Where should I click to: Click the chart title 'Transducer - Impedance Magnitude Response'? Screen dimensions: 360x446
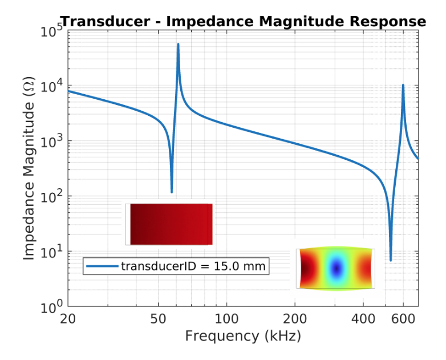[243, 22]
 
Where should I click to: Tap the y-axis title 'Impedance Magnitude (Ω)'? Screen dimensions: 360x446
[29, 169]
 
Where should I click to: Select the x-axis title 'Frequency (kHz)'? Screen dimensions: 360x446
[243, 336]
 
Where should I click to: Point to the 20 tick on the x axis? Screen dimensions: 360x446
[68, 318]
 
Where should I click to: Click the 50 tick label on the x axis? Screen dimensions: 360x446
[158, 318]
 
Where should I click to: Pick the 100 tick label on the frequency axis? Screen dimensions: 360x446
[226, 318]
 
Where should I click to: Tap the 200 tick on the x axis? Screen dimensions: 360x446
[295, 318]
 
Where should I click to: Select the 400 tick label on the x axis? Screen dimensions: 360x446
[363, 318]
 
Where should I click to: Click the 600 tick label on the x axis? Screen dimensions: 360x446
[403, 318]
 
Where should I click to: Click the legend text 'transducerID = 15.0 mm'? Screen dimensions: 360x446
[193, 265]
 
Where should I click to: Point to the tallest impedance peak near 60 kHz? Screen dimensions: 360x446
[178, 45]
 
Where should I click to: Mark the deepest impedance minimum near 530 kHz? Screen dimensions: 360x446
[391, 260]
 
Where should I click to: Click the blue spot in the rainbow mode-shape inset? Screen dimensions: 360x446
[336, 268]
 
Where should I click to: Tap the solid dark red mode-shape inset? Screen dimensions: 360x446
[170, 224]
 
